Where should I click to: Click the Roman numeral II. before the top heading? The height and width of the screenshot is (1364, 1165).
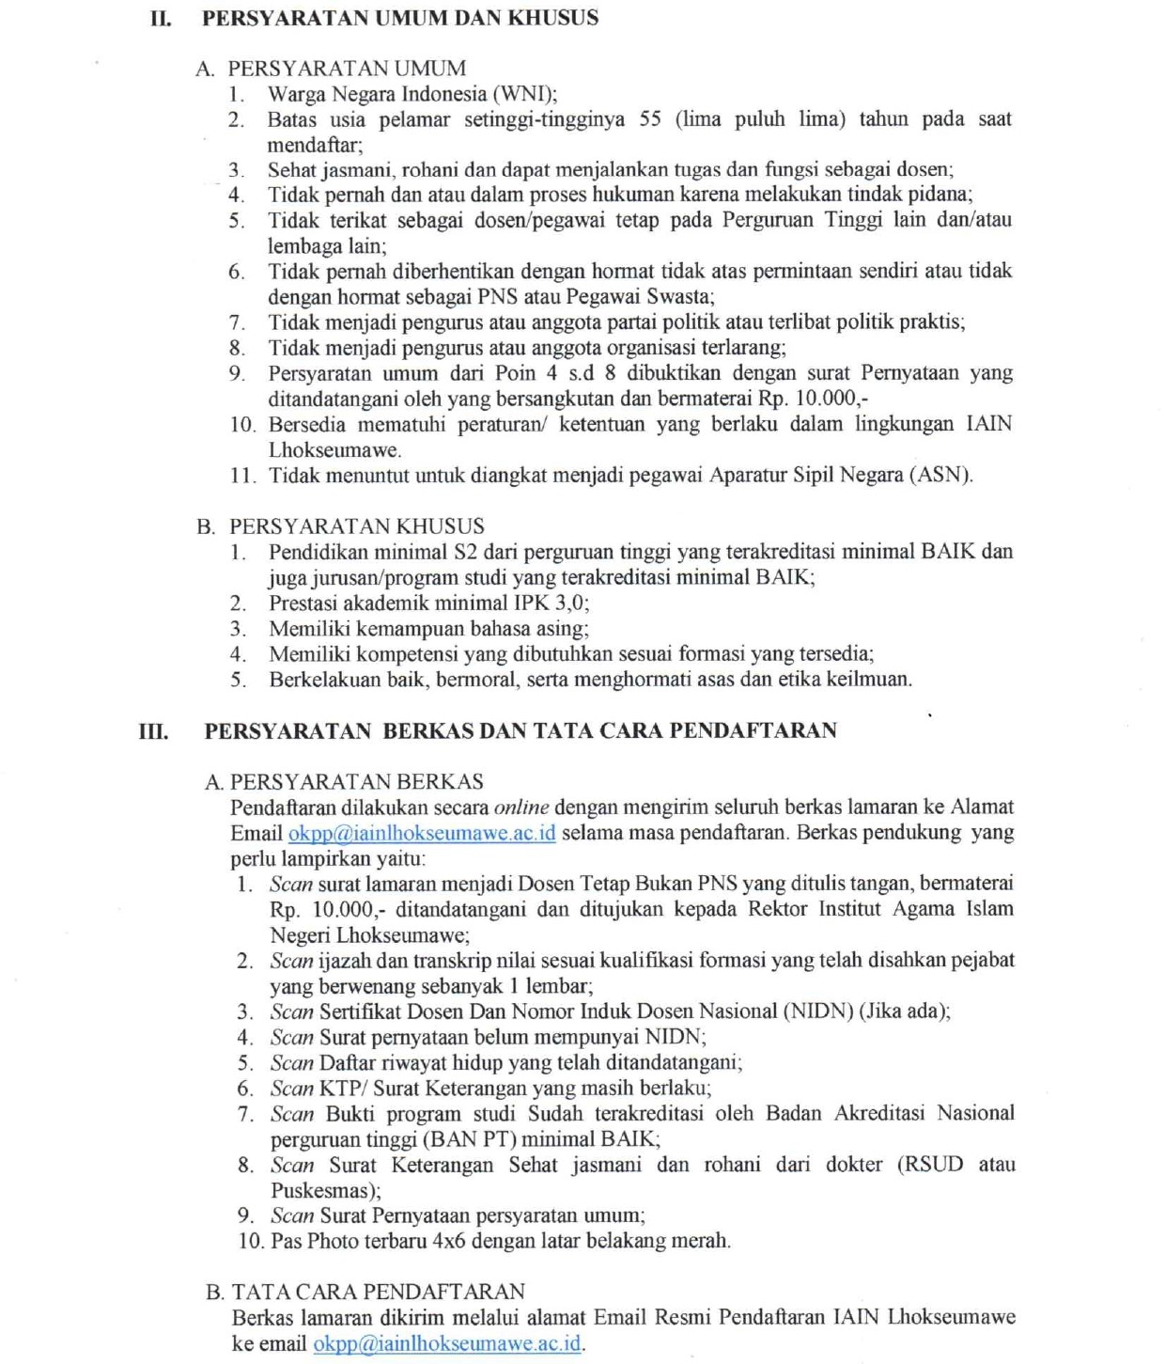(161, 18)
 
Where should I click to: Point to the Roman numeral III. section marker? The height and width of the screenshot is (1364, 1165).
(154, 730)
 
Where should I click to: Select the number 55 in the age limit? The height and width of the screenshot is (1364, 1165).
(650, 119)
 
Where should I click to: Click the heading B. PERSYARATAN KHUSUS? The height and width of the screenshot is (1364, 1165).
(341, 526)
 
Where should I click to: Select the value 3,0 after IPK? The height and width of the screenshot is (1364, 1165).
(571, 603)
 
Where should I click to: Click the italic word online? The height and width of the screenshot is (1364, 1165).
(521, 807)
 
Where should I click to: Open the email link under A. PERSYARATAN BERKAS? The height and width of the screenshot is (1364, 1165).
(422, 834)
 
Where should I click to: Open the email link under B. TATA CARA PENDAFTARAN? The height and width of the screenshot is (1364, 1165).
(447, 1344)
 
